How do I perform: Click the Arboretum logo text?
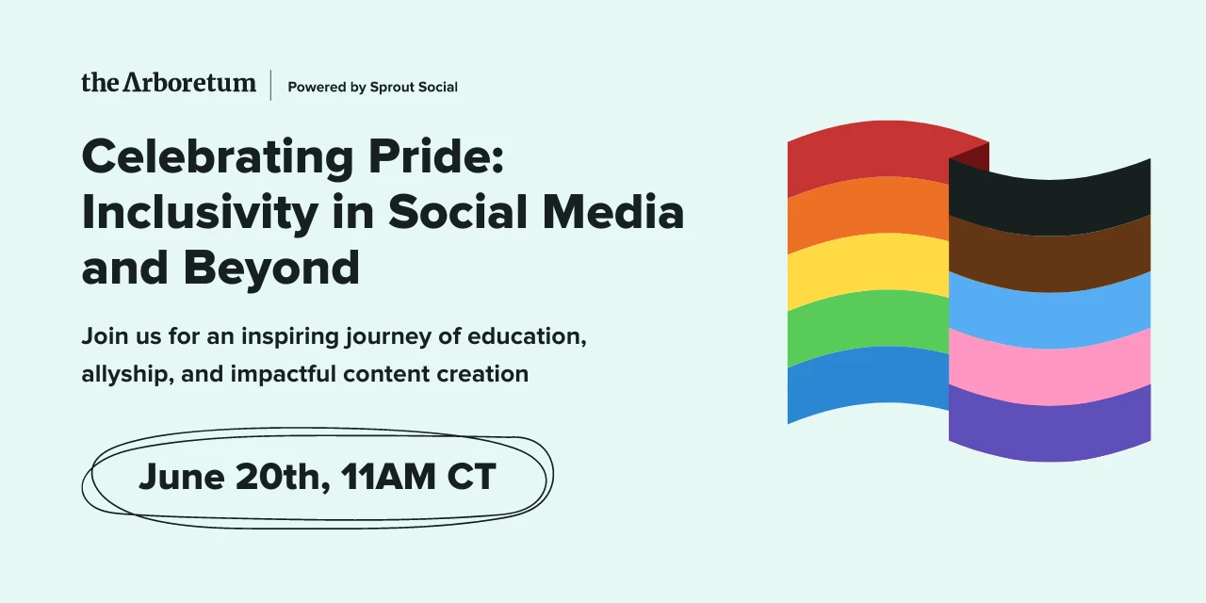(x=169, y=83)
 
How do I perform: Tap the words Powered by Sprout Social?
(x=372, y=87)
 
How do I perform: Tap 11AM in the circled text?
(x=386, y=477)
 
